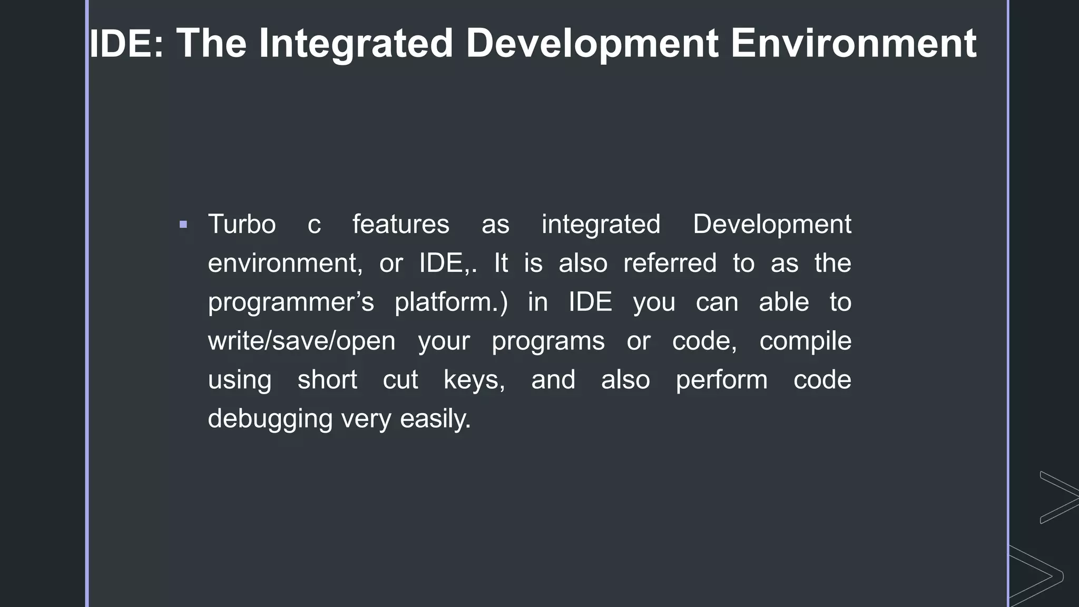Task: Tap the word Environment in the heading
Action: point(853,43)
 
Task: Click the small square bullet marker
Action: point(183,225)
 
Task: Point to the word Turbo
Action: point(242,224)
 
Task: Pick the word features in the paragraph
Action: point(400,224)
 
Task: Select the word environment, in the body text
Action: point(285,263)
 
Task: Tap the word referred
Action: point(670,263)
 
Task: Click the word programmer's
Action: point(291,302)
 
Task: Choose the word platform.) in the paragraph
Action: point(451,302)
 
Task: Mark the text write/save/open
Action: point(301,341)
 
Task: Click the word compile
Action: point(805,341)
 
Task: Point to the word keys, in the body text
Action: point(474,380)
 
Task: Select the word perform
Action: point(721,380)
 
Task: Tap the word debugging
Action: point(270,419)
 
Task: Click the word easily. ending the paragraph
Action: point(435,419)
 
